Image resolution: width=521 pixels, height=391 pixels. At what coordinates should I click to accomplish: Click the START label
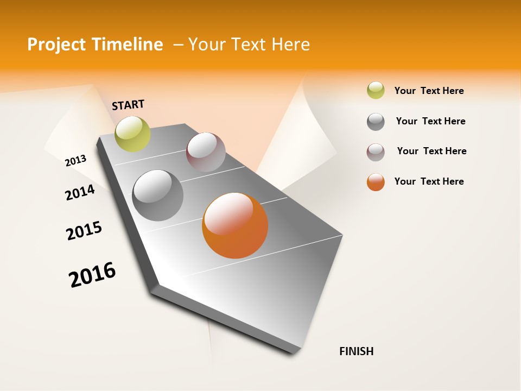coord(128,105)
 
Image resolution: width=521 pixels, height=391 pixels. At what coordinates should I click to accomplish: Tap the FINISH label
coord(356,351)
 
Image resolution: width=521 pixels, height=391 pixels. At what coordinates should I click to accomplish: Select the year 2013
coord(75,160)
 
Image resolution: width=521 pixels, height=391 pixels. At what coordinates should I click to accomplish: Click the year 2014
coord(80,192)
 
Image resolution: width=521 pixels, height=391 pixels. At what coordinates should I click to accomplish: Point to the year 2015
coord(84,231)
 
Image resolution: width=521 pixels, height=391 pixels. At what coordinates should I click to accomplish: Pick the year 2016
coord(92,275)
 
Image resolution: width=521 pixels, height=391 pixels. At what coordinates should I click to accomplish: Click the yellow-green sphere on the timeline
coord(132,134)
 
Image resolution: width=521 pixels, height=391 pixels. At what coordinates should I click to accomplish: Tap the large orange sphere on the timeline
coord(235,225)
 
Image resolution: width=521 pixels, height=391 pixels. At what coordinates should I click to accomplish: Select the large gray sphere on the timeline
coord(158,195)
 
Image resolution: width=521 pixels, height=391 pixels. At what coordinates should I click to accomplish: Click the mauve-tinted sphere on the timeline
coord(206,152)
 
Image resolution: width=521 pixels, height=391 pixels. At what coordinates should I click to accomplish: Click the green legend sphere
coord(376,90)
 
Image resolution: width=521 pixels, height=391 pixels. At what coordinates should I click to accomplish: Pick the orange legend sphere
coord(376,182)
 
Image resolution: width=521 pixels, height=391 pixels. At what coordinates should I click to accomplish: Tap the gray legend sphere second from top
coord(376,122)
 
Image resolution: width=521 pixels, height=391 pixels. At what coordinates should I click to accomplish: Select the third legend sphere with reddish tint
coord(376,152)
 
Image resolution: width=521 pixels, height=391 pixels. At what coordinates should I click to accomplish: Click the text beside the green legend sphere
coord(429,91)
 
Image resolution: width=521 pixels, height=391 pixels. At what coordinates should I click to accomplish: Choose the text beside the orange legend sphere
coord(429,181)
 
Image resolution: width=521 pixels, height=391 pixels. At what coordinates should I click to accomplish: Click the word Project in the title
coord(57,45)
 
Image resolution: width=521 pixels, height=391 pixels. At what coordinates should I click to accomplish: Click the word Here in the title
coord(290,44)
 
